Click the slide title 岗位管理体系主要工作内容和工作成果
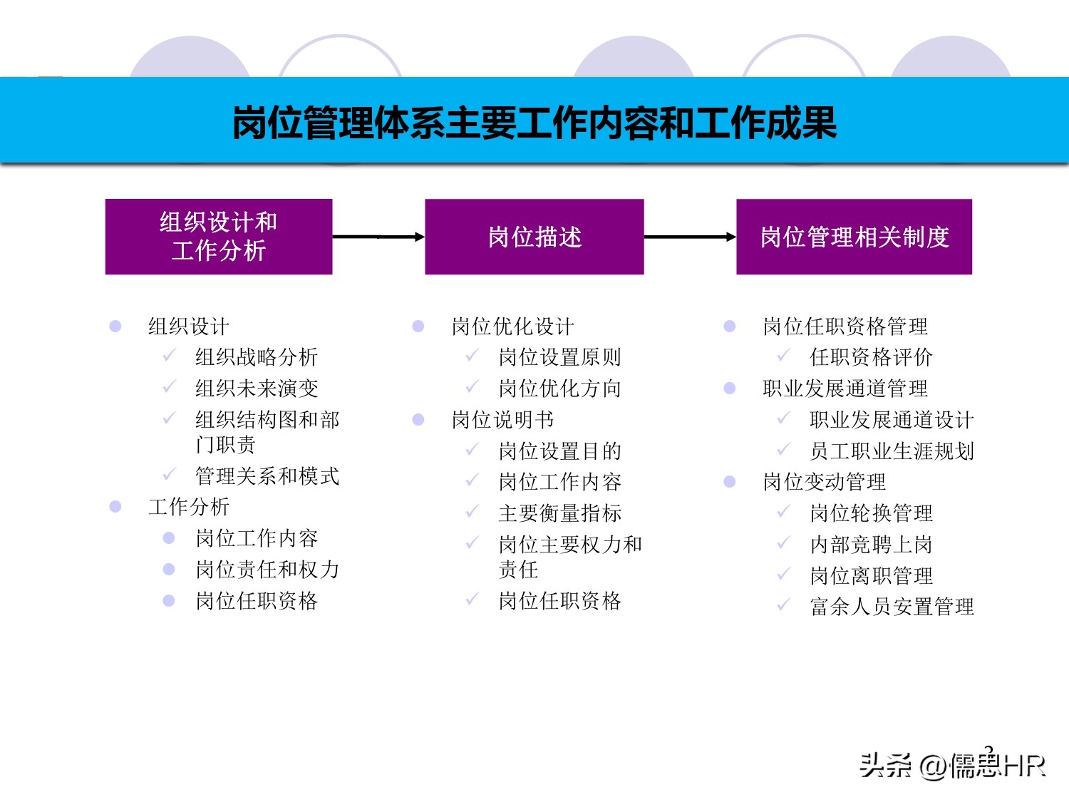coord(534,123)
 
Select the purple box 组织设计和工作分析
coord(219,237)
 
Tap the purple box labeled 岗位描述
coord(534,237)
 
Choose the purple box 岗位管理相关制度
coord(854,237)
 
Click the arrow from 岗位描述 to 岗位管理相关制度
coord(690,237)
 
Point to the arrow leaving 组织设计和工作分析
coord(378,237)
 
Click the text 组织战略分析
coord(257,357)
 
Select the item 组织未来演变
coord(257,389)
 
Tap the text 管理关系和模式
coord(267,476)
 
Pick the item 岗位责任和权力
coord(267,570)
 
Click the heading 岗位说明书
coord(502,420)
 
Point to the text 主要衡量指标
coord(560,513)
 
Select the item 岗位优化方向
coord(560,389)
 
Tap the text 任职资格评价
coord(871,357)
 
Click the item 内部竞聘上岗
coord(871,545)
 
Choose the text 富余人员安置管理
coord(892,607)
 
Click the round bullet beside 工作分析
coord(115,507)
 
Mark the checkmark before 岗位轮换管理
coord(784,512)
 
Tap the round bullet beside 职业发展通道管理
coord(730,389)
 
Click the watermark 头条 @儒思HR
coord(952,766)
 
